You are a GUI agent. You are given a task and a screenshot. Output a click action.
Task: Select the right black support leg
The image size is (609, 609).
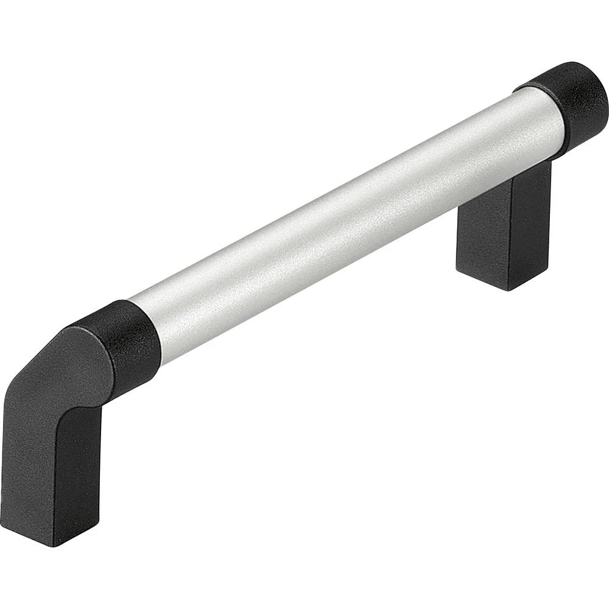[x=505, y=225]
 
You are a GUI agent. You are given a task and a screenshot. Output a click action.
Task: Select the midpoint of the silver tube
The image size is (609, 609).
[x=347, y=225]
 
